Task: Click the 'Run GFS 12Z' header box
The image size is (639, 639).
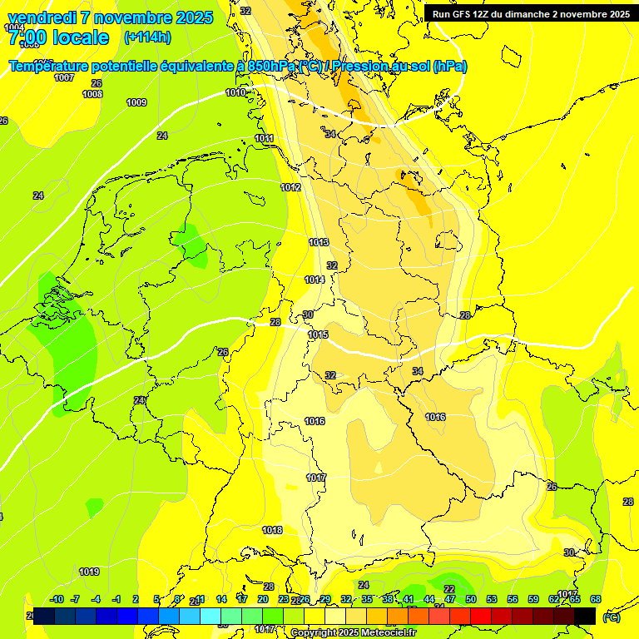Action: [531, 13]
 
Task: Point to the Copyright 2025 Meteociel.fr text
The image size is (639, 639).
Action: [353, 632]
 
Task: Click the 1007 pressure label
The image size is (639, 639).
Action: [64, 78]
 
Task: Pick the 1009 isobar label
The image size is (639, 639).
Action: [136, 102]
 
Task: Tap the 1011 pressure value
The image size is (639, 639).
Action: [265, 138]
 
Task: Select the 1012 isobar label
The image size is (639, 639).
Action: [291, 188]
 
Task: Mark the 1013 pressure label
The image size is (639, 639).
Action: [319, 242]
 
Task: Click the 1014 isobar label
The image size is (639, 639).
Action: [315, 280]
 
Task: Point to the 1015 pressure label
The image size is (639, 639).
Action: [319, 335]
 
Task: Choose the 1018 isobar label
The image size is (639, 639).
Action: [273, 530]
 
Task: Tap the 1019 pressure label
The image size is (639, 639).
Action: [90, 572]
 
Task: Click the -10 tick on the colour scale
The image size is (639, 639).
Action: [57, 599]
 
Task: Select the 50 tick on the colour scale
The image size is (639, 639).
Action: [471, 599]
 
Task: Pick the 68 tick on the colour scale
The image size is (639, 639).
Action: [596, 599]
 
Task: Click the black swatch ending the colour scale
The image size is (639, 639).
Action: [585, 616]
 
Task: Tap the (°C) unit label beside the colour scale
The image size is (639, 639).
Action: [612, 617]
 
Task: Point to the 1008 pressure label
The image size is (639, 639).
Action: [92, 94]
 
